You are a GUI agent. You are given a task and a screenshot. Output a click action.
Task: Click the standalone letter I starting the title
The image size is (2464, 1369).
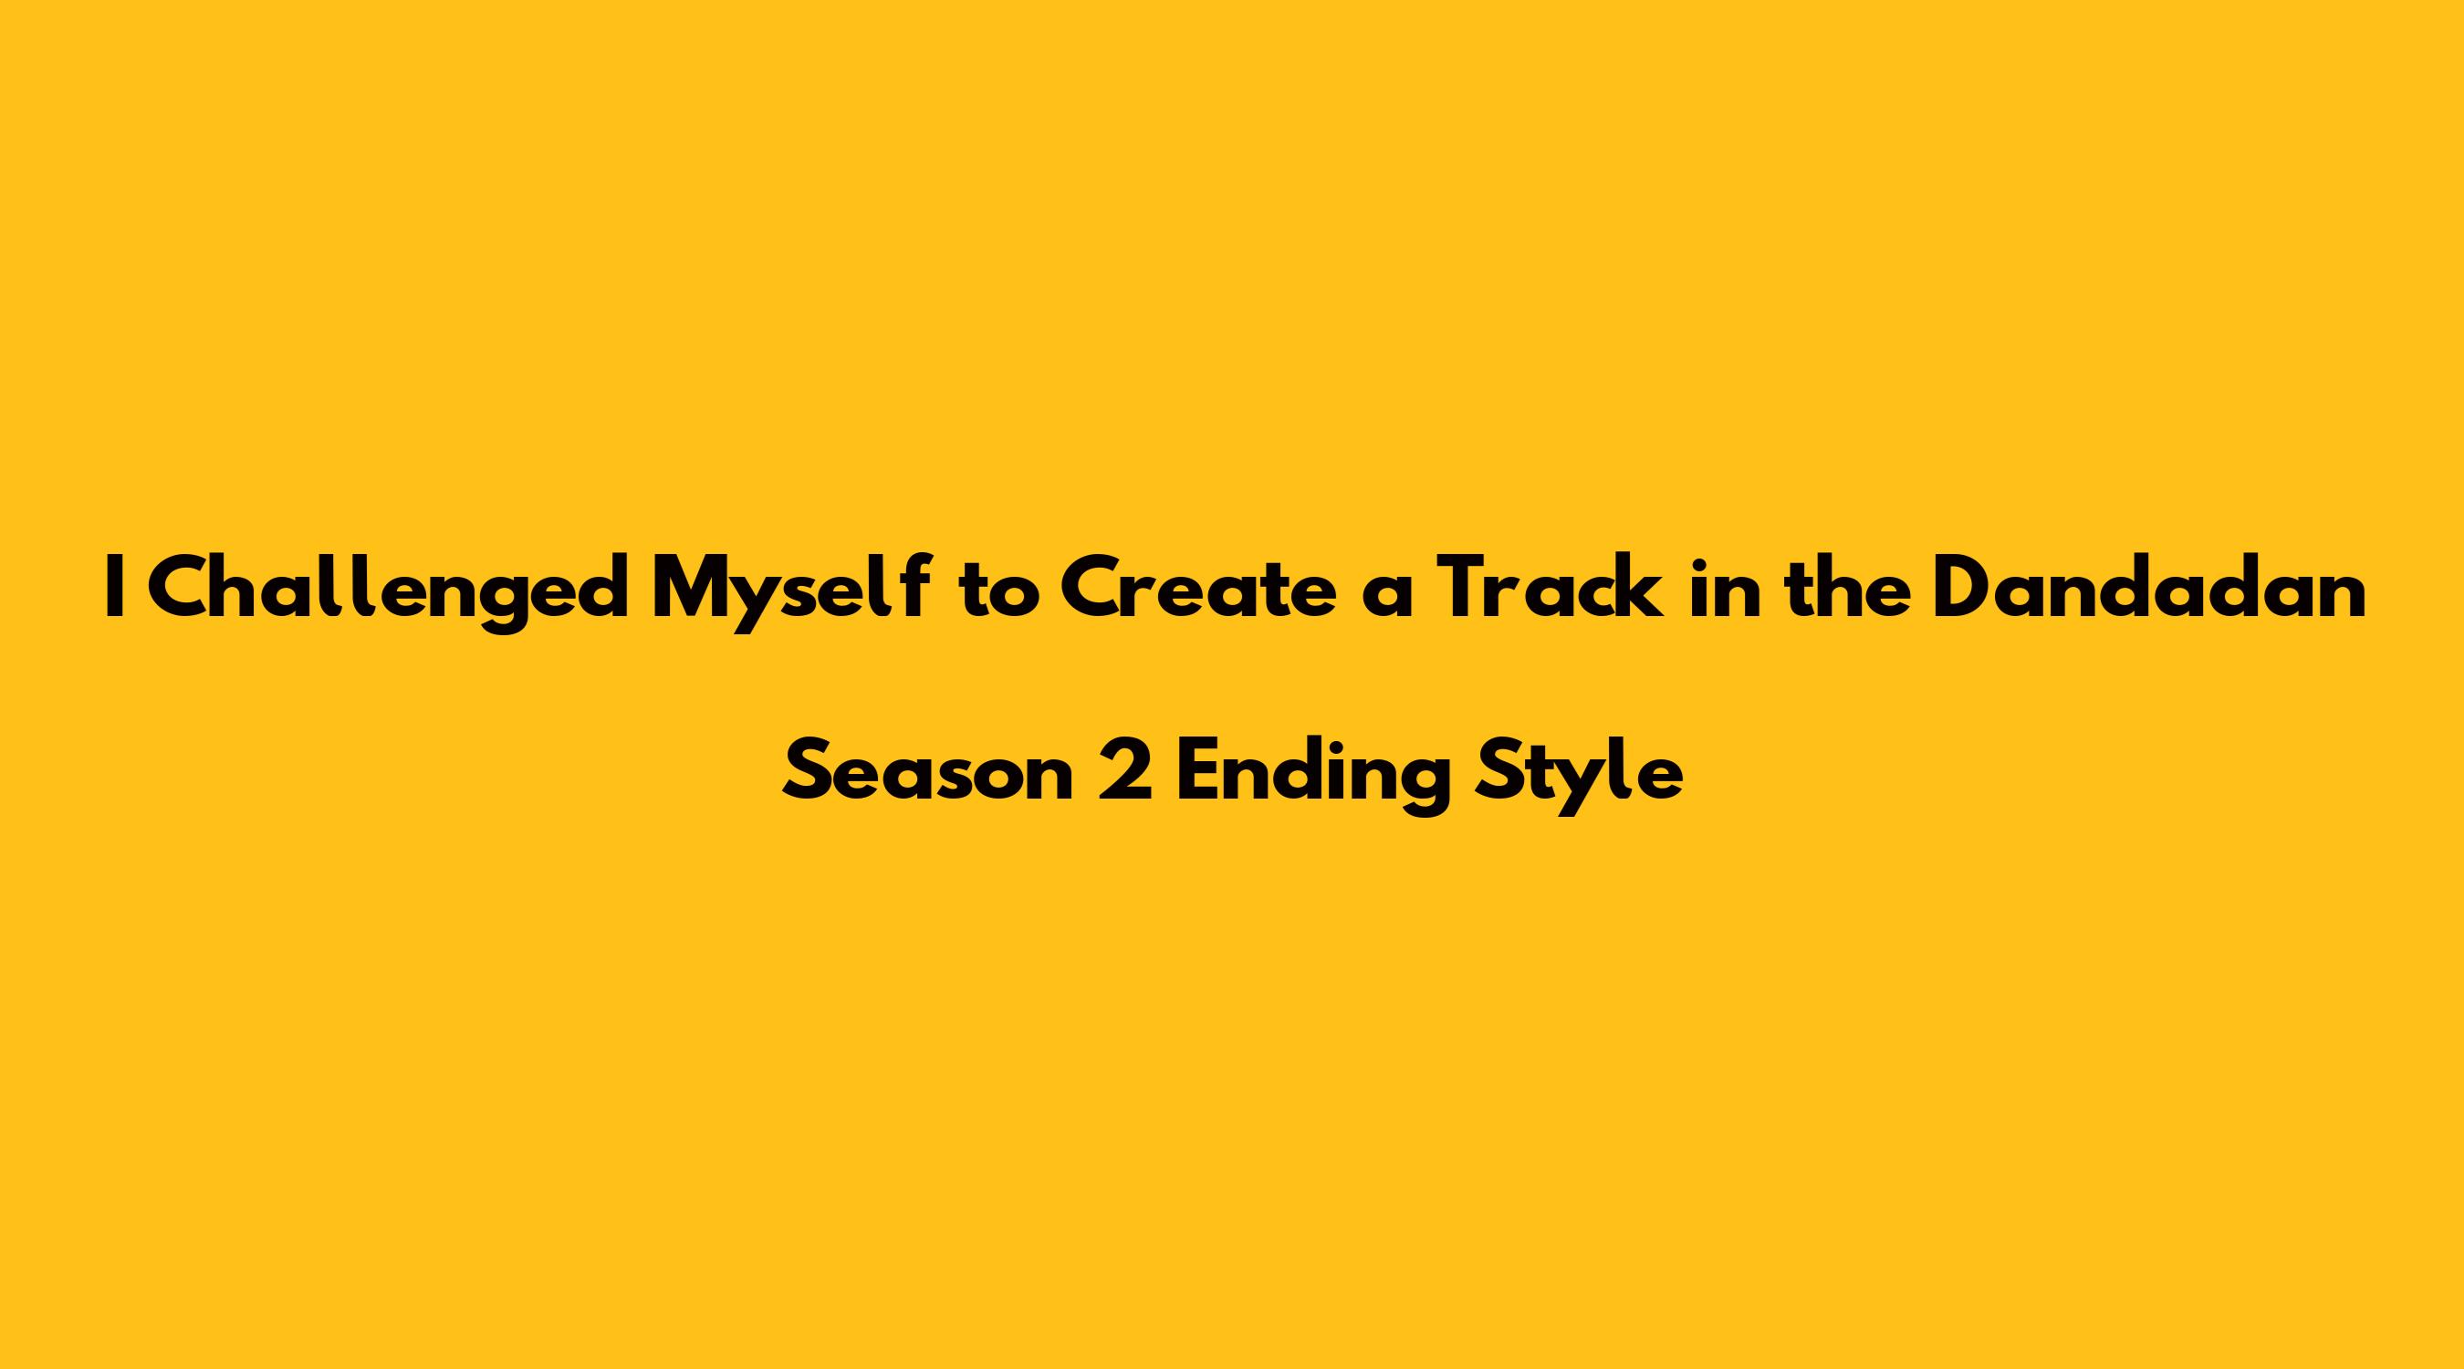point(116,590)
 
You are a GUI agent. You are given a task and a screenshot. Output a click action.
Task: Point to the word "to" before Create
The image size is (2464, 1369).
point(1000,594)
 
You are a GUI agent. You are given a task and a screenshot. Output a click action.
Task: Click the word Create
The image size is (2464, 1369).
point(1196,591)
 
